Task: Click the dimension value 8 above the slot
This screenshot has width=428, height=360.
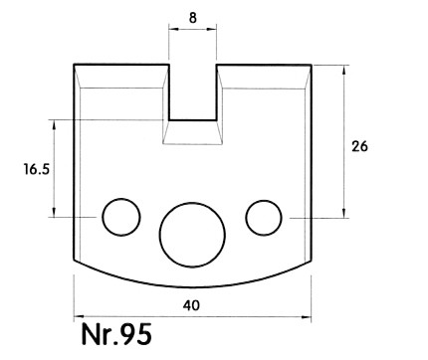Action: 193,18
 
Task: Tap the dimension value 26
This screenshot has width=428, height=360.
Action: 359,146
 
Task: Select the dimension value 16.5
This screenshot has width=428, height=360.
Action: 36,169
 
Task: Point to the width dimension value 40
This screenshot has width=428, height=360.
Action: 191,305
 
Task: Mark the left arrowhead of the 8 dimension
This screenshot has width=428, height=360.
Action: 173,29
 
